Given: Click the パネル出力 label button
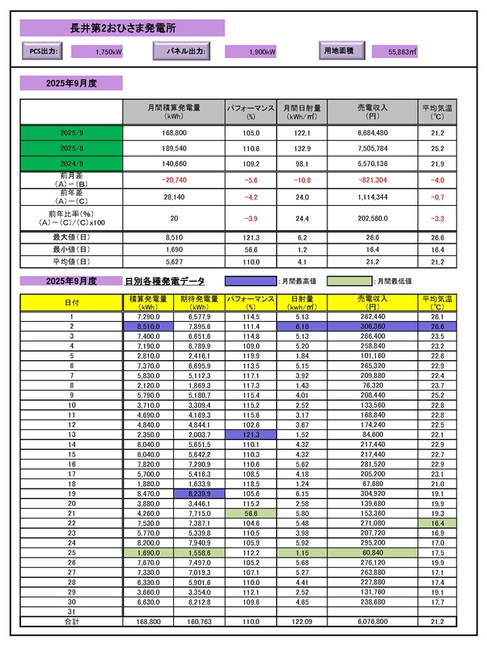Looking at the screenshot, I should [186, 52].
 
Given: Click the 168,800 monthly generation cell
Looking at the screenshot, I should [173, 134].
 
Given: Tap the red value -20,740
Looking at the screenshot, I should [173, 179].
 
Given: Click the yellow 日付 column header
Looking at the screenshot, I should [71, 301].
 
